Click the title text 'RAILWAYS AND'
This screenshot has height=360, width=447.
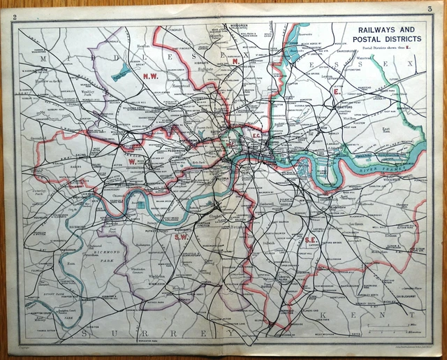click(386, 30)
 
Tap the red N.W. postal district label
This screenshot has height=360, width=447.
click(150, 75)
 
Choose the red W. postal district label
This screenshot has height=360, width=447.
click(131, 161)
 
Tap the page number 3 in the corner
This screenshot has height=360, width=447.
click(428, 8)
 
